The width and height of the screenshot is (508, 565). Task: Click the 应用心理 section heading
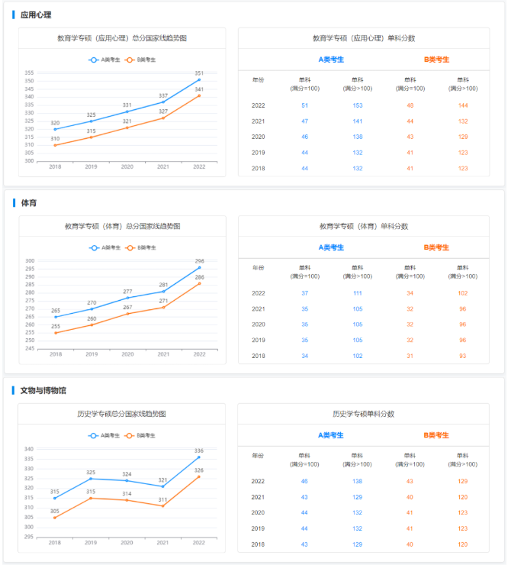[36, 15]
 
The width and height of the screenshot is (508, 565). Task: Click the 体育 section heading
[28, 203]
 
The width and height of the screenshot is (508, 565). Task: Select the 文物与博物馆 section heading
[43, 390]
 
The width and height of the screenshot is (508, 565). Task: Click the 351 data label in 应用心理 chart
[199, 73]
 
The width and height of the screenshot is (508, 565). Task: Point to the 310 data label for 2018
[55, 138]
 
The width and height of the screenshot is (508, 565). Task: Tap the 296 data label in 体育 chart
[199, 261]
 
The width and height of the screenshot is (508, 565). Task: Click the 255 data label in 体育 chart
[56, 326]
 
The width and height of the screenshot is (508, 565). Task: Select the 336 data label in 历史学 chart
[199, 450]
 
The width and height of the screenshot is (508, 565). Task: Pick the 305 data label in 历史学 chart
[55, 511]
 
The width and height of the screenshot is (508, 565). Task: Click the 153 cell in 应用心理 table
[358, 105]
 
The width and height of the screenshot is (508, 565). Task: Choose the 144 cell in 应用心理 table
[463, 105]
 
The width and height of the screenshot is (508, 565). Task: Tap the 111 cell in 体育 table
[358, 293]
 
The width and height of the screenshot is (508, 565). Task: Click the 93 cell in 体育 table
[463, 356]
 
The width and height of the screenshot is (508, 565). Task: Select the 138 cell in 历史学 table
[358, 481]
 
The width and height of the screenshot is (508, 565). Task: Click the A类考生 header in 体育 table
[331, 247]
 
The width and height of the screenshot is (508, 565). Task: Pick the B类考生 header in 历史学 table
[436, 435]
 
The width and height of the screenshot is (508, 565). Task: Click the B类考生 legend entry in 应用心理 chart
[141, 60]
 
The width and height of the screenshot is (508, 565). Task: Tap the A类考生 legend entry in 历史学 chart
[105, 435]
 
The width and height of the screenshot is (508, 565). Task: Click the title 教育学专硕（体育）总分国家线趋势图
[122, 226]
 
